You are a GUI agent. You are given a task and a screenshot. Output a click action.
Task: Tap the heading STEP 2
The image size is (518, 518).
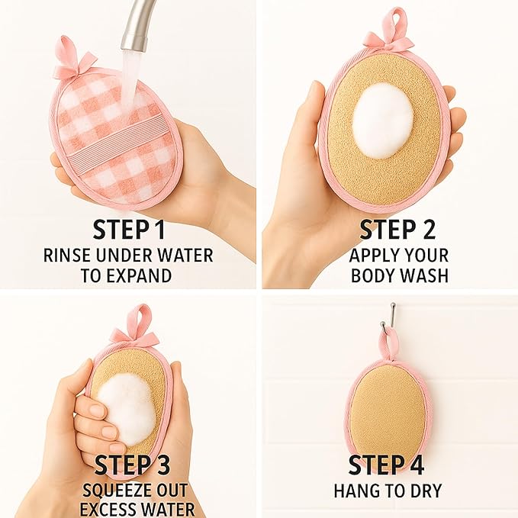(x=398, y=230)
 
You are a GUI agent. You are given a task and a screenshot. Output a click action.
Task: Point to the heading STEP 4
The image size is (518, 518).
(x=388, y=465)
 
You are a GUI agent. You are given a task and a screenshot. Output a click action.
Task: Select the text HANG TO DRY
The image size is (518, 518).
(x=388, y=491)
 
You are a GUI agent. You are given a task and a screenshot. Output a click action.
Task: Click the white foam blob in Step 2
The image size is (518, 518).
(x=382, y=120)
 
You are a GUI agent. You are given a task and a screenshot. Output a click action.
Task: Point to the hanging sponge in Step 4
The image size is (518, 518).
(x=389, y=412)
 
